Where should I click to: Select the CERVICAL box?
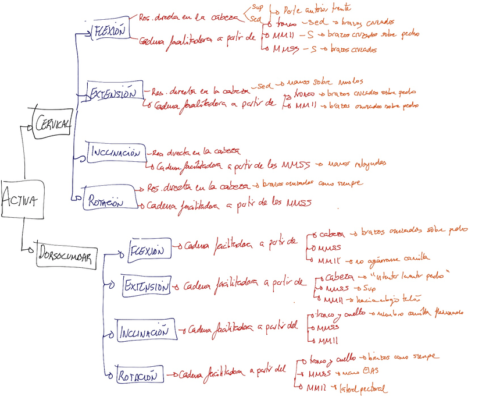coord(52,123)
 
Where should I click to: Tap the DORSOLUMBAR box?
coord(65,256)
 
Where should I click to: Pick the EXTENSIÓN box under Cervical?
coord(112,93)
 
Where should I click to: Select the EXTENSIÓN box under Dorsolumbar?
coord(145,286)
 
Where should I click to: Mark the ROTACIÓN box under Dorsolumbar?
coord(139,376)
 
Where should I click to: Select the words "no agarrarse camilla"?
coord(393,257)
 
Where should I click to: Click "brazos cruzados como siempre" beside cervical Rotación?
coord(313,183)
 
